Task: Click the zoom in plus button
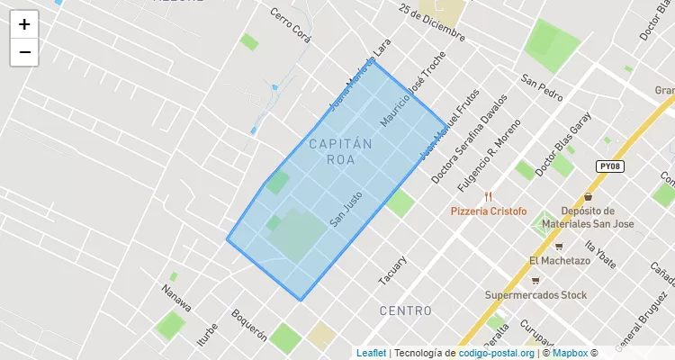24,24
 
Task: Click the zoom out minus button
24,52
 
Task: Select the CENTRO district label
405,310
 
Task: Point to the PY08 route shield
609,166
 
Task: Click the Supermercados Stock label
535,294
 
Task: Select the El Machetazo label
559,261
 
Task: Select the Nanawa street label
176,298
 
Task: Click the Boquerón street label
249,326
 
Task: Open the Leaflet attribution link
371,353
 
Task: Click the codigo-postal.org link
496,353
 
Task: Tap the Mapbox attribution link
569,353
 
